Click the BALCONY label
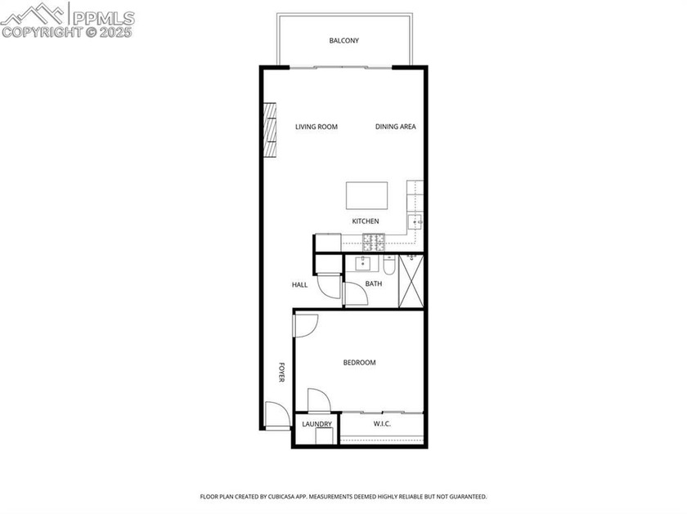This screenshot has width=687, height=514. point(343,41)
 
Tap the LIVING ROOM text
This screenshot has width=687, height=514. point(317,127)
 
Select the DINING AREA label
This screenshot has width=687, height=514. point(396,127)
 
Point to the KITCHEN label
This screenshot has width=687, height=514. point(366,221)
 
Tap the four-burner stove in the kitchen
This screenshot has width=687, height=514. point(375,242)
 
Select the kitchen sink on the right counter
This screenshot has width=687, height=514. point(415,221)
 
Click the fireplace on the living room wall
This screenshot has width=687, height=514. point(269,129)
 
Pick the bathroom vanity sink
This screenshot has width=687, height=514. point(362,264)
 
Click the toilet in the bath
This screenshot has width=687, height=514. point(389,266)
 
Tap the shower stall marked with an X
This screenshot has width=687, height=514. point(411,281)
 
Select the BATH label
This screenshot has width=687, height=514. point(374,284)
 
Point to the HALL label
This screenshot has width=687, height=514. point(300,285)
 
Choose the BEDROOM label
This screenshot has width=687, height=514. point(359,363)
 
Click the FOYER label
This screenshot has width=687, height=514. point(281,373)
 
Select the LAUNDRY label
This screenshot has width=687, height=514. point(317,424)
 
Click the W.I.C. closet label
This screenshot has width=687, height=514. point(382,424)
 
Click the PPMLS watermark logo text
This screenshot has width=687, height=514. point(102,16)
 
